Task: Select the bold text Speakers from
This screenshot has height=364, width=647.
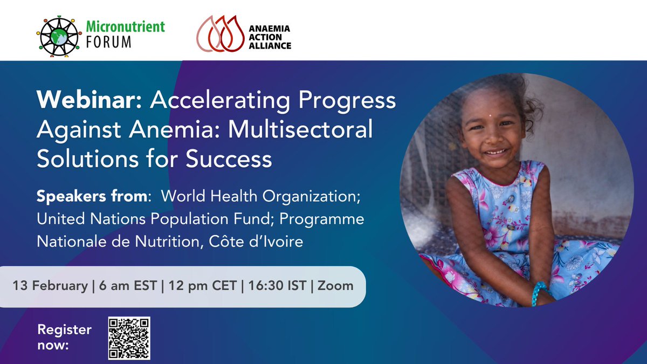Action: point(92,197)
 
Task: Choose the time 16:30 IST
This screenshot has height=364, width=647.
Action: point(274,286)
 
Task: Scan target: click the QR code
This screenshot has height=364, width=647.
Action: point(129,339)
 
